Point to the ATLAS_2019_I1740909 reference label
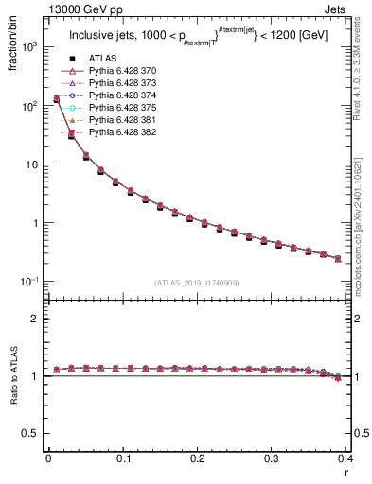(x=197, y=283)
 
